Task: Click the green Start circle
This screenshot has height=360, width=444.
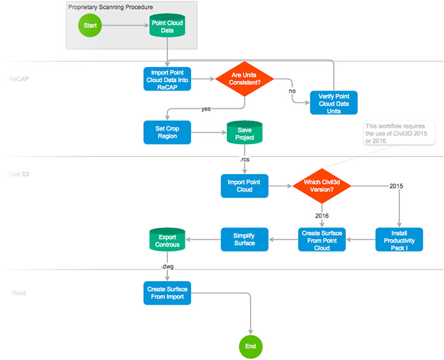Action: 89,26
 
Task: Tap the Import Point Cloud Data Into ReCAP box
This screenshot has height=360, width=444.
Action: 167,80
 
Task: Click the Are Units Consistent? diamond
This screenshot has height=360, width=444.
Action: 244,79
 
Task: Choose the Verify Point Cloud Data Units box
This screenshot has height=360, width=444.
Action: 334,103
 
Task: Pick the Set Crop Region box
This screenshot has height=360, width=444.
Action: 167,133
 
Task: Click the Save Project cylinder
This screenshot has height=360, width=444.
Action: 244,133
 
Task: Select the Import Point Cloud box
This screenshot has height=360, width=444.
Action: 244,185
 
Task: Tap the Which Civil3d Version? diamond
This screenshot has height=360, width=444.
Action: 321,185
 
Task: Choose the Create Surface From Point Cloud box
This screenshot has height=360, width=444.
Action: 321,240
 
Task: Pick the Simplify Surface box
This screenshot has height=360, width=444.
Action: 244,240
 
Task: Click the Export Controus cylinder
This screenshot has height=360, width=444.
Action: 167,240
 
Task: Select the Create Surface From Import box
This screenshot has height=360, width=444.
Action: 167,293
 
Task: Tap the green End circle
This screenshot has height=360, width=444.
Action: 250,347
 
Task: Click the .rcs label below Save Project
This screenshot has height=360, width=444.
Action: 244,159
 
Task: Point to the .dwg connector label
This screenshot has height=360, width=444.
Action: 167,266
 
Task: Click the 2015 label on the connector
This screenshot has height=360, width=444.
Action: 396,186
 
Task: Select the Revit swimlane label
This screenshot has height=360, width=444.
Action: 18,293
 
